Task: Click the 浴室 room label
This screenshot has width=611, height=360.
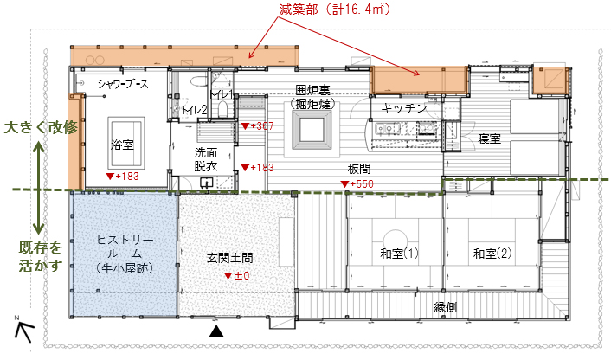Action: click(122, 145)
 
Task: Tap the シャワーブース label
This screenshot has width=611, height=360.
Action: click(123, 84)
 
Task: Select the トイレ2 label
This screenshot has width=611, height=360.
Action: click(194, 110)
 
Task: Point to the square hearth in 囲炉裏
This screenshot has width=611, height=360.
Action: click(312, 130)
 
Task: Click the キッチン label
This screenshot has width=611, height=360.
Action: click(403, 108)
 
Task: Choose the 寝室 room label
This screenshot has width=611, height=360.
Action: click(490, 138)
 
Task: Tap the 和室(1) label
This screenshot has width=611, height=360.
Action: click(399, 254)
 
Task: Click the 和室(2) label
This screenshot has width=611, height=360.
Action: click(492, 254)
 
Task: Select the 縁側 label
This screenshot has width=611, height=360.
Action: click(446, 307)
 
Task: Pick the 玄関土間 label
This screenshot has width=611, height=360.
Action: click(230, 258)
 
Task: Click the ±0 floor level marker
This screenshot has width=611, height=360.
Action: click(237, 276)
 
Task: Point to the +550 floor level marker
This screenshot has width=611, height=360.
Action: click(357, 184)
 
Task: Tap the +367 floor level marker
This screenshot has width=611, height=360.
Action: click(257, 125)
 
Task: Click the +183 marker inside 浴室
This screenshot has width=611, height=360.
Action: click(122, 176)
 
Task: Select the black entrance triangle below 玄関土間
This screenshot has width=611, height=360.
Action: click(216, 331)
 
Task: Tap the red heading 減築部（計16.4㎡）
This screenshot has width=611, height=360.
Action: click(335, 10)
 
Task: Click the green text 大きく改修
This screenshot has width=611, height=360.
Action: click(41, 127)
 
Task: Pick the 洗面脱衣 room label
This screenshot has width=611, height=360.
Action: click(205, 159)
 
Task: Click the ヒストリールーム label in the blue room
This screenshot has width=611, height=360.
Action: click(125, 254)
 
